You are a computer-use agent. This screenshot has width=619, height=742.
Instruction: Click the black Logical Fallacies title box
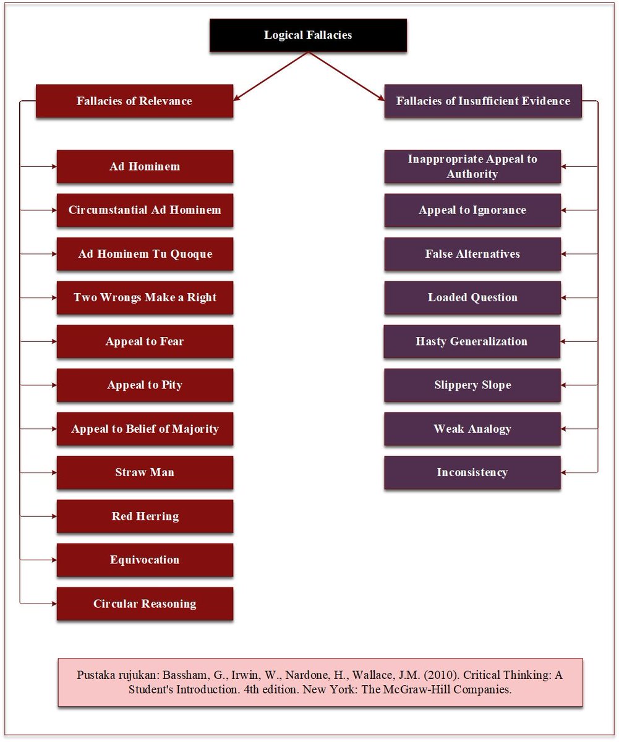point(308,35)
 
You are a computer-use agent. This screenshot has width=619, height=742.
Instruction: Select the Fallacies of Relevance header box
point(134,101)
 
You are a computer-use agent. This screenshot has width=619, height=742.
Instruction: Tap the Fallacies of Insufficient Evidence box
point(483,101)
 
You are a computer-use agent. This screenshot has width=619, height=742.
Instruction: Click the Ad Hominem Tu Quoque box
point(145,254)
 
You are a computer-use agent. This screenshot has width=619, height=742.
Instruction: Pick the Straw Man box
point(145,472)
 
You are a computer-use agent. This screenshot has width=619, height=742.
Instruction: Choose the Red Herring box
point(145,516)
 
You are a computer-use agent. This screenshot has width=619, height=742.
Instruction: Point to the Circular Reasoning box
point(145,603)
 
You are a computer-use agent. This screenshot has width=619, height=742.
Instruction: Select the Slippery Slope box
point(472,385)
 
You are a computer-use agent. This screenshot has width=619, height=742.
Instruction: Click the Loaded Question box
point(472,297)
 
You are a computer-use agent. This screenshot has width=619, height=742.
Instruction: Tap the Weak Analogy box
point(472,429)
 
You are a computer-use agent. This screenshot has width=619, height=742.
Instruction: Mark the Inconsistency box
point(472,472)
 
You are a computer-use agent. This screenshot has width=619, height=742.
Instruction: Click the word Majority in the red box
point(196,429)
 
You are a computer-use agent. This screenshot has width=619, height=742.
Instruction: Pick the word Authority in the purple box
point(472,174)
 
